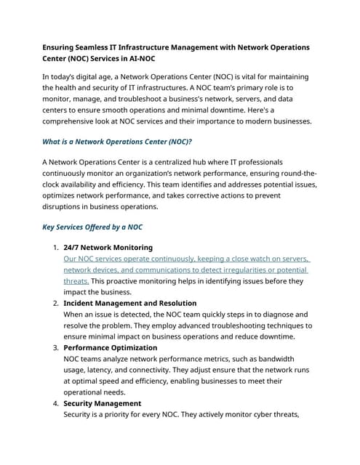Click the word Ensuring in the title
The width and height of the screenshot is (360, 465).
coord(63,47)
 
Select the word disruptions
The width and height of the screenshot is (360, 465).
coord(68,206)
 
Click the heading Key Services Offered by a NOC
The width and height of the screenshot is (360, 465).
coord(92,227)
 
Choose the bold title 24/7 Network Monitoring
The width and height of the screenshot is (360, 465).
coord(108,248)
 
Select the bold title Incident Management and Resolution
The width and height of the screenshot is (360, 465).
coord(129,303)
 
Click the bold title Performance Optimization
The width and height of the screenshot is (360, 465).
coord(110,347)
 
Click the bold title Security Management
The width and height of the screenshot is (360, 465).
coord(102,403)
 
